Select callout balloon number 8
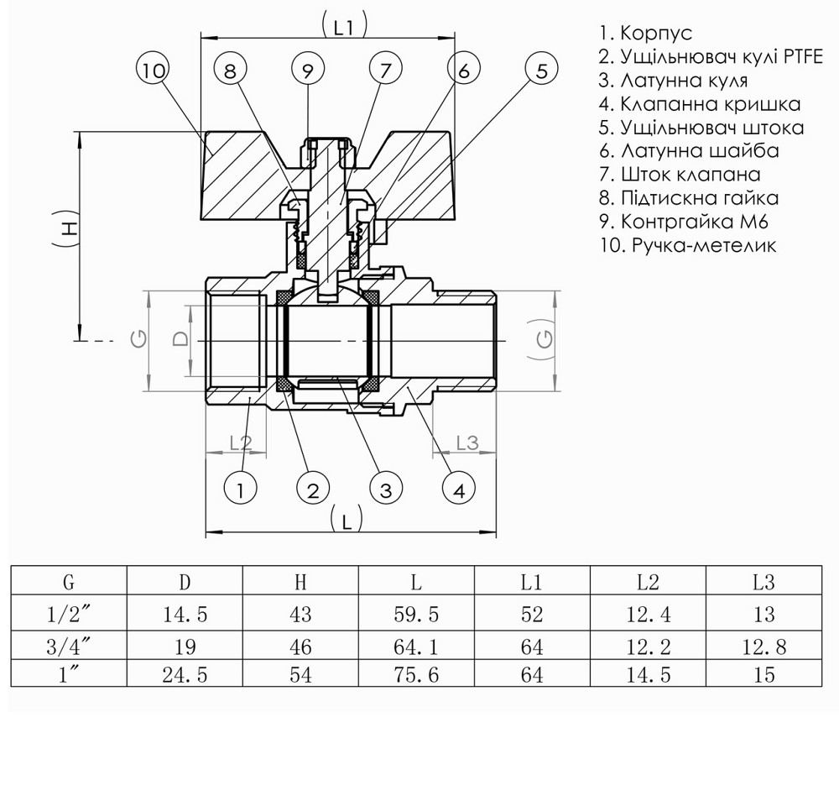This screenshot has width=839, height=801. [231, 71]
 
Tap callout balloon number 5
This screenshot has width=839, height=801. [541, 70]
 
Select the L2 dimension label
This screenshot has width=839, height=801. [240, 441]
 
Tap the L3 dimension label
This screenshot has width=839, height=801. [466, 442]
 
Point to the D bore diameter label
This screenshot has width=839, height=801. [180, 339]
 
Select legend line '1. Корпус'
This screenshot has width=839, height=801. [645, 34]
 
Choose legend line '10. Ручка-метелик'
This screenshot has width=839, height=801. [688, 245]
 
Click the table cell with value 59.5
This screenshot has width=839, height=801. [416, 615]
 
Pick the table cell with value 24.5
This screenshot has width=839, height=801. [185, 674]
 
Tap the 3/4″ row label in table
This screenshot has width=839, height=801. [68, 647]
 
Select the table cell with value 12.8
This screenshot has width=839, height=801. [763, 647]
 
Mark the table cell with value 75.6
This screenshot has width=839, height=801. [416, 674]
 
